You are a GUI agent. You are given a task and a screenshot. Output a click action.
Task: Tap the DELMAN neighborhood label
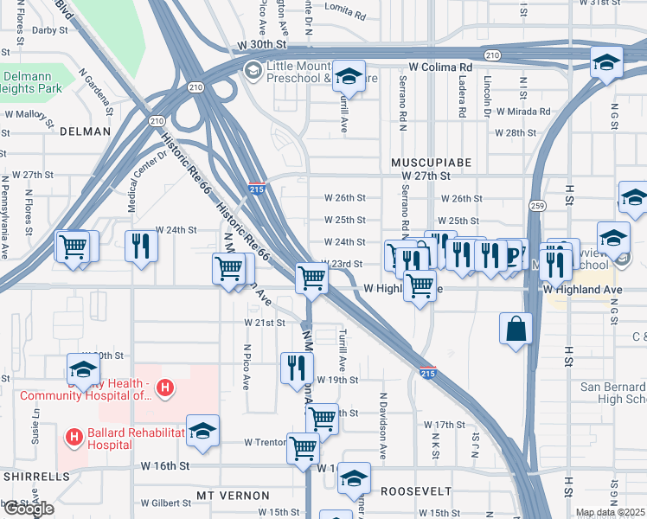click(x=86, y=131)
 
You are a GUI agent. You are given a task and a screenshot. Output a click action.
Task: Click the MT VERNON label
click(x=233, y=496)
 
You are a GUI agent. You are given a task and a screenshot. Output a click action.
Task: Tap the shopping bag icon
click(x=516, y=330)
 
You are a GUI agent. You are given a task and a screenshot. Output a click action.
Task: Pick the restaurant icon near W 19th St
click(x=297, y=367)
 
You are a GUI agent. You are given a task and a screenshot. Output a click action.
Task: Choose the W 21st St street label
click(x=264, y=323)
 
